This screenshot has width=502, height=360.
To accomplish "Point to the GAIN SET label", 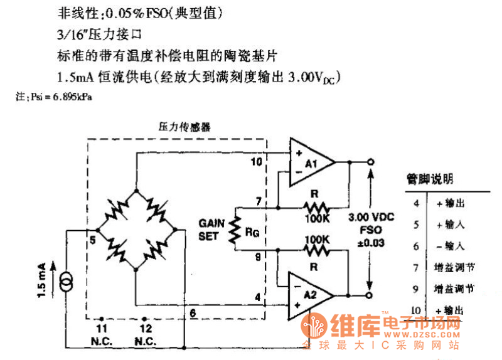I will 210,229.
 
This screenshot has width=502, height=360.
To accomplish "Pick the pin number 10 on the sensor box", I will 256,162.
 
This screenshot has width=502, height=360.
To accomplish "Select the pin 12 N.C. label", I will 146,334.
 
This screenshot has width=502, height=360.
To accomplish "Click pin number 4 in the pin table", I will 415,203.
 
